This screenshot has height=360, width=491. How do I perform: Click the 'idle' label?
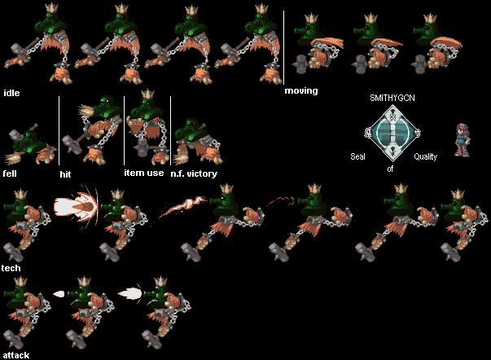click(11, 93)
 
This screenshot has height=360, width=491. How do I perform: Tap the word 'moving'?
click(301, 91)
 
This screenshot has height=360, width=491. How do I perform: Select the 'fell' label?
click(10, 173)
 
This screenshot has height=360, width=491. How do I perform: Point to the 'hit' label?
click(65, 174)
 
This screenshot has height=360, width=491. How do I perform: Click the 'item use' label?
click(144, 173)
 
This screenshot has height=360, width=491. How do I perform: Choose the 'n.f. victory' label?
click(194, 173)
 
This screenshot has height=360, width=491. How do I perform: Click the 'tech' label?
click(11, 268)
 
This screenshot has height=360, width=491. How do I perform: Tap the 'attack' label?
click(16, 355)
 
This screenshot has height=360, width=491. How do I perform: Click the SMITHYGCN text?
click(392, 98)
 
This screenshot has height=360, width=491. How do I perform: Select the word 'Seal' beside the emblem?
click(357, 156)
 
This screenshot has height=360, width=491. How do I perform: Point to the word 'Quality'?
click(425, 156)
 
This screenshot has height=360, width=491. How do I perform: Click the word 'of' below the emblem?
click(390, 169)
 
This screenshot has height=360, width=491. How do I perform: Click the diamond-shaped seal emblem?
click(392, 133)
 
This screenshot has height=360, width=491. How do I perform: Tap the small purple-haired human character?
click(463, 140)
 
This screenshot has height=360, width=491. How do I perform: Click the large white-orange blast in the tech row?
click(77, 207)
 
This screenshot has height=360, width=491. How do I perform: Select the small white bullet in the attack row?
click(59, 294)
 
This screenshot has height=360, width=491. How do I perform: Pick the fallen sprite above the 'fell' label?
click(30, 143)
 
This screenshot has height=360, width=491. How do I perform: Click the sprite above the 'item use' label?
click(146, 127)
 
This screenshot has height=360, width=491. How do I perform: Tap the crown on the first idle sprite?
click(51, 7)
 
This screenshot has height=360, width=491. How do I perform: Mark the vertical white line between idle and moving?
click(283, 47)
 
